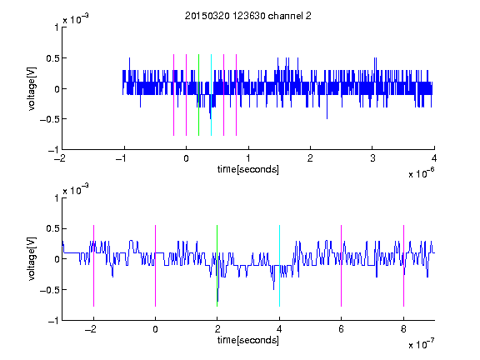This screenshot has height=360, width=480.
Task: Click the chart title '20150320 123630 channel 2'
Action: pos(248,16)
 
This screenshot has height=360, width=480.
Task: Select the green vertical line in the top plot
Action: pos(198,95)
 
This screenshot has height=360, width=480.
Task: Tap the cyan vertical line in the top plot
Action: pos(211,95)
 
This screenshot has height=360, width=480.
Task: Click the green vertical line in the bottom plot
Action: pos(217,266)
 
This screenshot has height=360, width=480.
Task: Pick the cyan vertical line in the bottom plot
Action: pos(279,266)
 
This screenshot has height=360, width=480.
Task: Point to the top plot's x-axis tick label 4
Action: pos(434,158)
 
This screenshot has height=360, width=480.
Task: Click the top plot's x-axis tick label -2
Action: pos(60,158)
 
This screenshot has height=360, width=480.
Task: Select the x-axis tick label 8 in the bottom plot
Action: pos(403,329)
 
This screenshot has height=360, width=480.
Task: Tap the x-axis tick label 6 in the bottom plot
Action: pos(342,329)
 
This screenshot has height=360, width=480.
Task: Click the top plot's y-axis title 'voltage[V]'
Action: pos(32,89)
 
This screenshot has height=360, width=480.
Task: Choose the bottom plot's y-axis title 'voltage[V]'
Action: pos(32,259)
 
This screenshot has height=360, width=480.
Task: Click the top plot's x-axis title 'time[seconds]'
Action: pos(248,169)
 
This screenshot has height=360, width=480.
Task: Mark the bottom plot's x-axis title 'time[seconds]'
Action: pos(248,340)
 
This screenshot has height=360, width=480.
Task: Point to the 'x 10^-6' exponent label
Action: pos(422,173)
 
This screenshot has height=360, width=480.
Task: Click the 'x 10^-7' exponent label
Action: pos(422,344)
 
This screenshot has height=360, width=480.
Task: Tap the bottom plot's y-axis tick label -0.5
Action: pos(49,290)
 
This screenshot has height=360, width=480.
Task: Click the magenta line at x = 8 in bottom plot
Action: pos(404,266)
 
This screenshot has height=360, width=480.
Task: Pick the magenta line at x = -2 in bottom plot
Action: pos(93,266)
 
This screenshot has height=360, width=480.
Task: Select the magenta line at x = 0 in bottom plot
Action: pos(156,266)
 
